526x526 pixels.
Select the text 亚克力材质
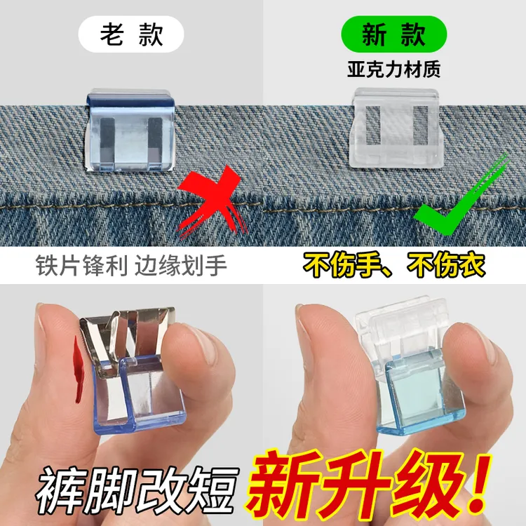pos(393,71)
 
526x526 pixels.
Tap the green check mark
pos(463,200)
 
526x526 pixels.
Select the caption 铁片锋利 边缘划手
pos(131,267)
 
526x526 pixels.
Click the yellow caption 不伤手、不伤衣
pos(394,267)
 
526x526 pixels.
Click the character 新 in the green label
pos(374,34)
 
